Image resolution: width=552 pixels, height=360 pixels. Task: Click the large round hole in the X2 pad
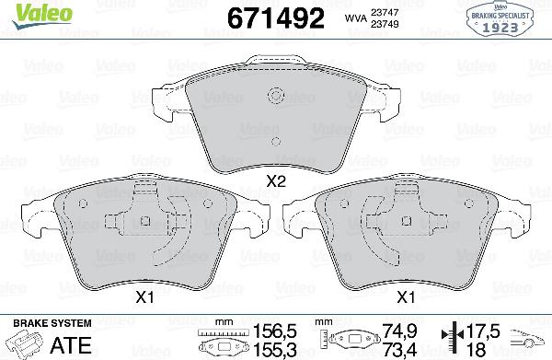click(273, 97)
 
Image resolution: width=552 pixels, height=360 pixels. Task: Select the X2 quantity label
click(274, 182)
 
